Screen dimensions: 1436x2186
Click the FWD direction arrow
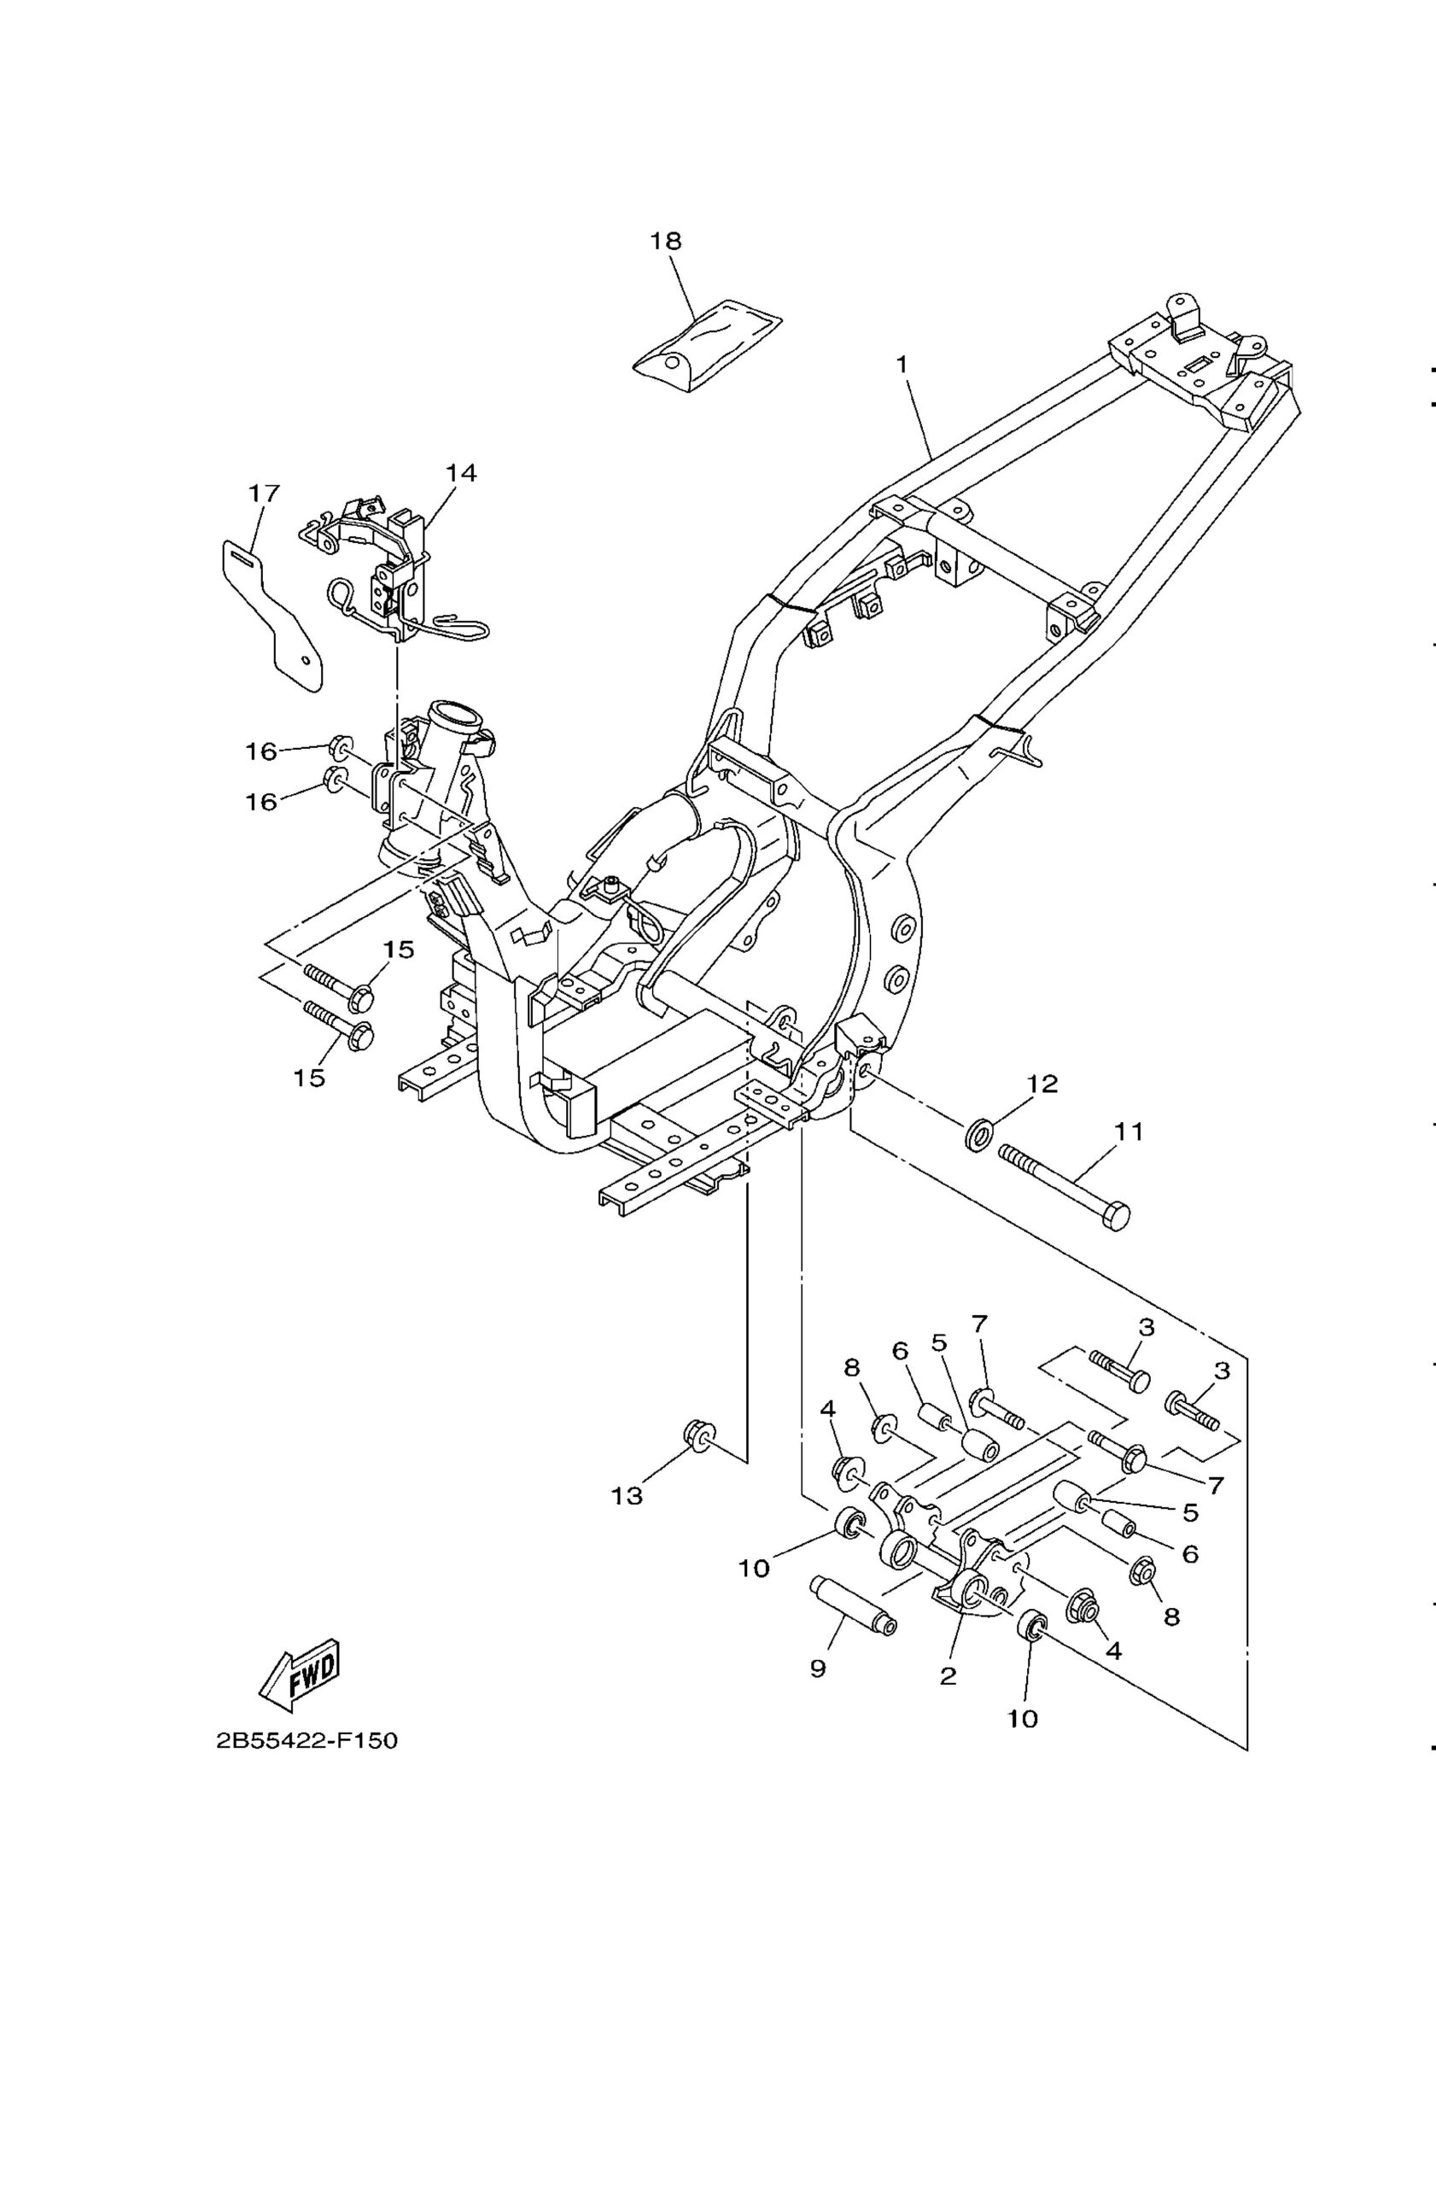pos(301,1675)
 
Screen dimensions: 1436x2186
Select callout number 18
pos(666,241)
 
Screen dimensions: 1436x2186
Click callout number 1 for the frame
pos(902,365)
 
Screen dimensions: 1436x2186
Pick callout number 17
pos(264,494)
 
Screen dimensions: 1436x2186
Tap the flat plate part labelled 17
pos(272,614)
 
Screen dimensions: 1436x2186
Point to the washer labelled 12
pos(978,1131)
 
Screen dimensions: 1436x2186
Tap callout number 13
pos(628,1496)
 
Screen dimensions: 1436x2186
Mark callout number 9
pos(818,1668)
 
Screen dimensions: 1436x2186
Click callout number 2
pos(949,1675)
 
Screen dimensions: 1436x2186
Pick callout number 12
pos(1042,1084)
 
